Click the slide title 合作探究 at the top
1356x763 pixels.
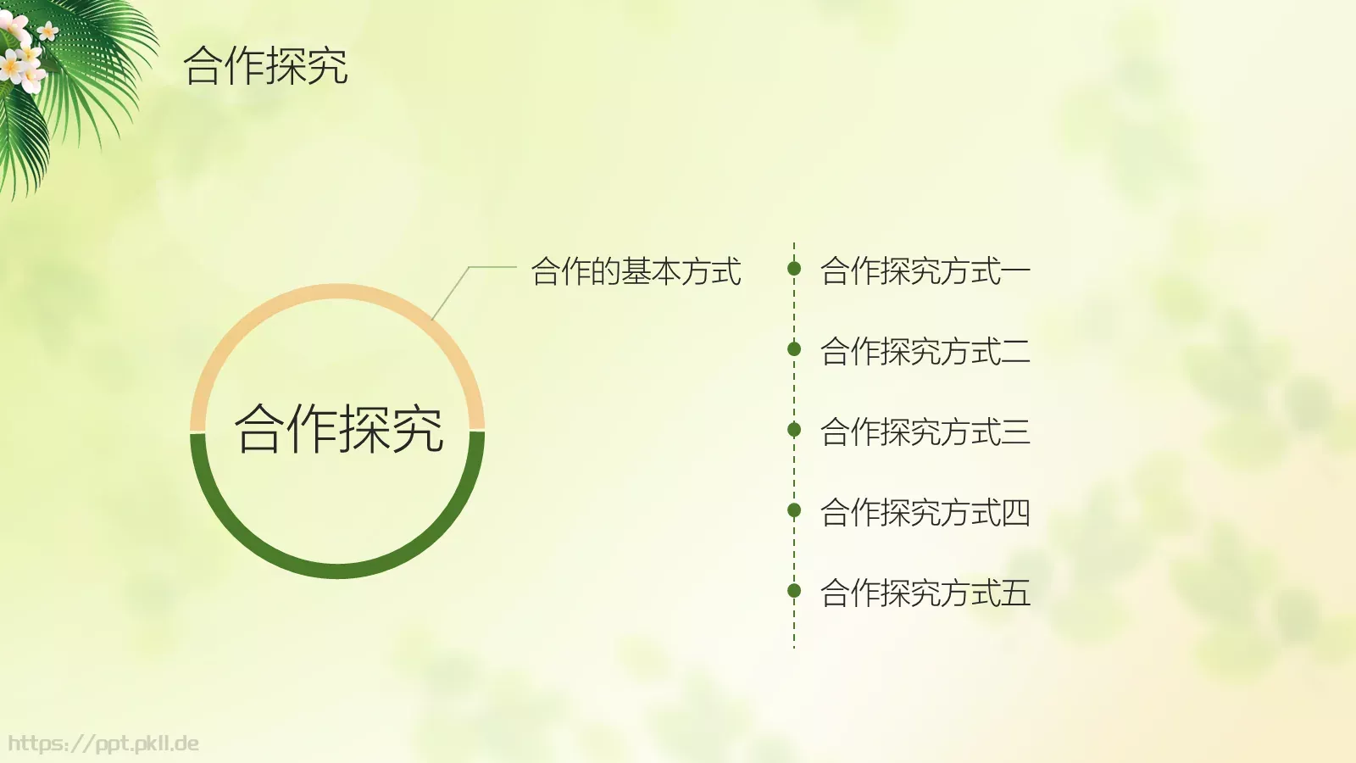[265, 66]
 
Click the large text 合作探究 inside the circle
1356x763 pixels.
[339, 428]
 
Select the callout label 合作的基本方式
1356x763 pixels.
[636, 271]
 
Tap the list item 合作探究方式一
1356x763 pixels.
[925, 271]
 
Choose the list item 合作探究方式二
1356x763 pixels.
[925, 351]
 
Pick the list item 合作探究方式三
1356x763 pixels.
[925, 432]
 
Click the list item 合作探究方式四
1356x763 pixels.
[925, 512]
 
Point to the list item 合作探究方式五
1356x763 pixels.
[925, 593]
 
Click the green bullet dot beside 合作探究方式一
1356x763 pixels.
[794, 269]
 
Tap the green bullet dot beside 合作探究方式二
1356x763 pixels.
[794, 348]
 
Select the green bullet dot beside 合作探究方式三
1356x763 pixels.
[794, 429]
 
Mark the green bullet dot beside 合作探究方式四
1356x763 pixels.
[794, 510]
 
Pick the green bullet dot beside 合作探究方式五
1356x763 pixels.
[794, 590]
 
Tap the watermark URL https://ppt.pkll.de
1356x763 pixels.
[103, 744]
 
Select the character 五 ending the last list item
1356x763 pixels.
[1015, 593]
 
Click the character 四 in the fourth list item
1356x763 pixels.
[1015, 512]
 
